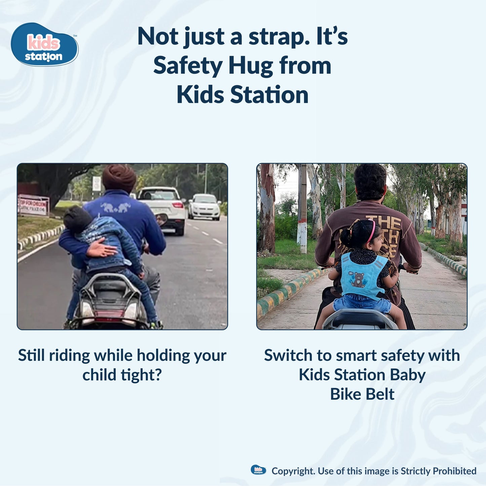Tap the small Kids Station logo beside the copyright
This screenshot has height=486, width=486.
258,470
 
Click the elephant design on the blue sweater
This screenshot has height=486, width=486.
115,208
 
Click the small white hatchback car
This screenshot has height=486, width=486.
204,207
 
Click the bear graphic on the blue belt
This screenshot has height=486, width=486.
359,280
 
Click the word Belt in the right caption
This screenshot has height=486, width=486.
380,394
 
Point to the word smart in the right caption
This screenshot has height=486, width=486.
357,356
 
